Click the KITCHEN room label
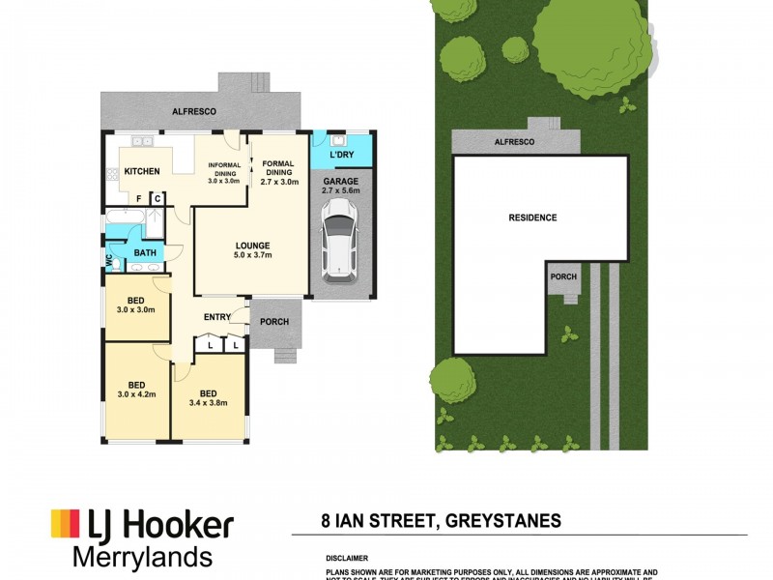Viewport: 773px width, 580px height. pos(142,172)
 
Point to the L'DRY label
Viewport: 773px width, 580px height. pos(340,156)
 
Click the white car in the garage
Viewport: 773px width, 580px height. pos(340,246)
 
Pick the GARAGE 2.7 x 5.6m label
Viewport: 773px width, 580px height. pos(340,186)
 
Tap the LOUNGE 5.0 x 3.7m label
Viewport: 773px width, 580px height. pos(251,250)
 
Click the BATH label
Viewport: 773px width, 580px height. pos(145,253)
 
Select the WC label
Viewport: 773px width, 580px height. pos(109,260)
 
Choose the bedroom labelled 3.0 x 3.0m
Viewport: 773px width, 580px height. pos(135,304)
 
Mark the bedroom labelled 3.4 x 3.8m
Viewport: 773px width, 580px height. pos(208,397)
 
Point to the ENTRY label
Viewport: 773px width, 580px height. pos(216,317)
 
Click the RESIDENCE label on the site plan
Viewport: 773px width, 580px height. pos(532,217)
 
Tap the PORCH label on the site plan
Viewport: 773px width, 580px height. pos(563,276)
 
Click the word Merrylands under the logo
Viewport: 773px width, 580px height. pos(143,557)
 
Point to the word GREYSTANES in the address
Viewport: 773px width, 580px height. pos(502,521)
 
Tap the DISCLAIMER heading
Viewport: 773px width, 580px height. pos(346,558)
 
